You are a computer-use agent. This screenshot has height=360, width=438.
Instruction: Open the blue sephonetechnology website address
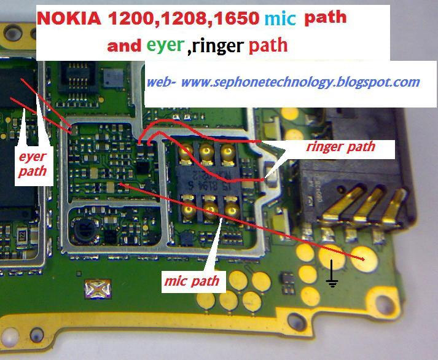click(283, 81)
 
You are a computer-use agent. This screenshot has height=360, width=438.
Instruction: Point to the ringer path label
click(340, 147)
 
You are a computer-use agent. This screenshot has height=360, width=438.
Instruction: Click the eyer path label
click(31, 164)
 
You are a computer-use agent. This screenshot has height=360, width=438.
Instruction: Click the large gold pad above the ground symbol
click(332, 253)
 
